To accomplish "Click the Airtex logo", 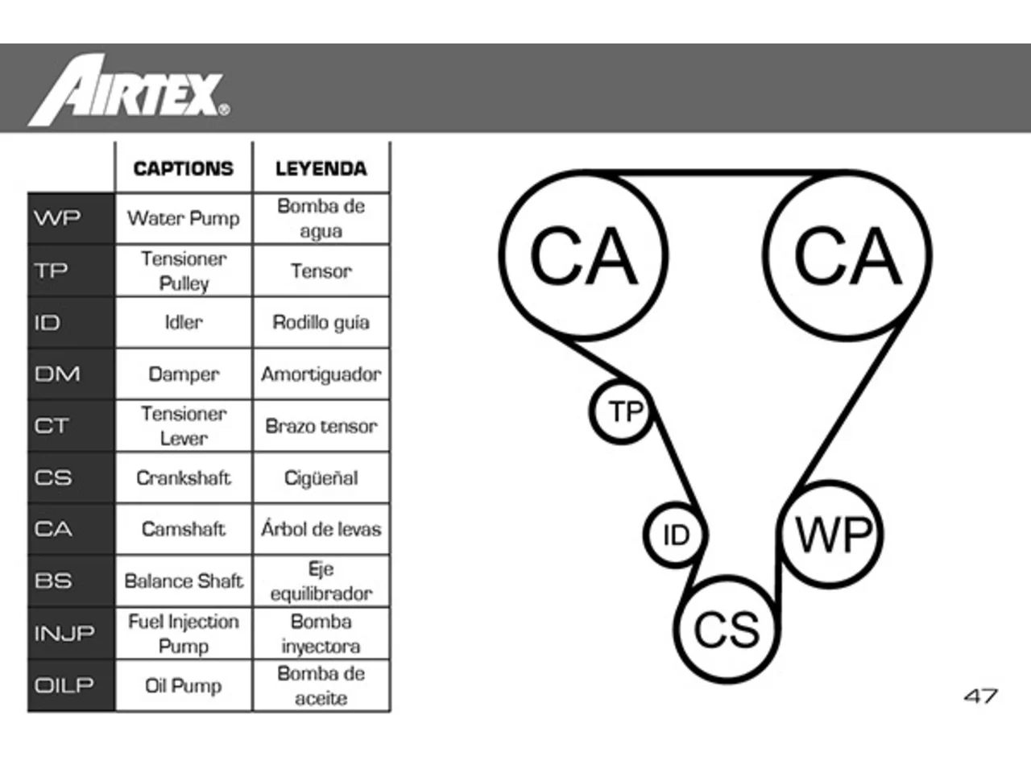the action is pos(129,89).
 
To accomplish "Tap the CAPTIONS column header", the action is pos(183,168).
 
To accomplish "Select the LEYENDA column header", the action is pos(321,168).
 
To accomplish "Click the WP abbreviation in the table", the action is pos(57,217).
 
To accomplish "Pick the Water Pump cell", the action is pos(183,218).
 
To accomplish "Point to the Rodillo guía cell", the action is pos(321,323).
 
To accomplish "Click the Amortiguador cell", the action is pos(321,374).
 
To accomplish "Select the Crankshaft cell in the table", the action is pos(183,477).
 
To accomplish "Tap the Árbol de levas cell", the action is pos(321,529).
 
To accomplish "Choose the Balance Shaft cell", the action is pos(183,581).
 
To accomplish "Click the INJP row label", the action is pos(64,633).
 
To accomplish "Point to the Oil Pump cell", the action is pos(183,686).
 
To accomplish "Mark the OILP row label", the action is pos(64,685).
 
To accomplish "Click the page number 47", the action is pos(981,697).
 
